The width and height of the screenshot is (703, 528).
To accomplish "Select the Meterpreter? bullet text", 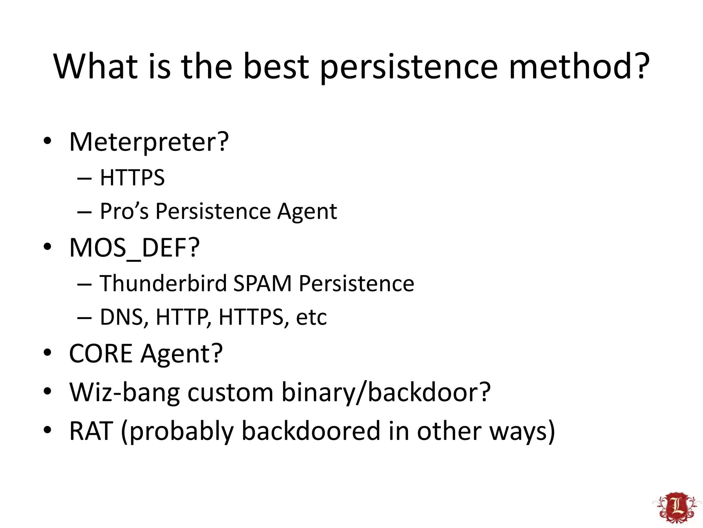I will pos(149,142).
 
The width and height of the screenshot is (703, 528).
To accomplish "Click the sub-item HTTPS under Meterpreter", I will pos(132,178).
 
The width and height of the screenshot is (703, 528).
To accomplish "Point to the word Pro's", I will pos(124,211).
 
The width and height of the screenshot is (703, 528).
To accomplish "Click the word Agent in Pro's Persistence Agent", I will pos(307,212).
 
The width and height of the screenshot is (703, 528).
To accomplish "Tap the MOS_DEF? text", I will pos(134,248).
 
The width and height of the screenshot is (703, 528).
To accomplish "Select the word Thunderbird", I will pos(163,284).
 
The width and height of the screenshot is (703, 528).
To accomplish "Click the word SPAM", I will pos(262,284).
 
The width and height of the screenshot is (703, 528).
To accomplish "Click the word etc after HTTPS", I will pos(311,317).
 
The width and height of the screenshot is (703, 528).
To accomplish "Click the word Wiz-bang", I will pos(124,392).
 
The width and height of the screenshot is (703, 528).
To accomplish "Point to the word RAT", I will pos(91,431).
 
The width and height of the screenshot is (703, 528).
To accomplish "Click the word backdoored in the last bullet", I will pos(311,431).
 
